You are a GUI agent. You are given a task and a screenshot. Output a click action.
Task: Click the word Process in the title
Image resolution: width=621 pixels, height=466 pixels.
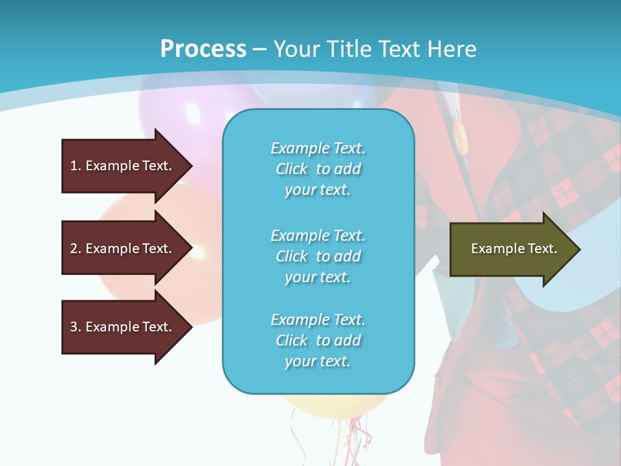point(203,49)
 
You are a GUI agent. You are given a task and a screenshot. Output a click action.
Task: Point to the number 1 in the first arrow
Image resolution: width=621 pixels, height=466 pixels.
point(74,166)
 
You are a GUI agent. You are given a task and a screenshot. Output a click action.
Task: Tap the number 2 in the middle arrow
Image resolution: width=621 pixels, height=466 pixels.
point(74,249)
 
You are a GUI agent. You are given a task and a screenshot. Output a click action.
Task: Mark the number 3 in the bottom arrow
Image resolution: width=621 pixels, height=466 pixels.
point(74,327)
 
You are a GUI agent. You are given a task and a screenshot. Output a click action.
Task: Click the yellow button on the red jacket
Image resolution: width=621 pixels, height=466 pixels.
point(459,136)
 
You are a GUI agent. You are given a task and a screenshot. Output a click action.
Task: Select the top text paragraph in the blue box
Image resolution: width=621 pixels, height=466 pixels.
point(318,169)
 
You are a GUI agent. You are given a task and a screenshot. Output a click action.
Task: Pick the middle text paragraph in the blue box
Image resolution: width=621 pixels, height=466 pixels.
point(318,256)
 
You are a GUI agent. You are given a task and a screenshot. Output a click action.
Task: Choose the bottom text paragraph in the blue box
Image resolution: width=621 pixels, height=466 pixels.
point(318,340)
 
